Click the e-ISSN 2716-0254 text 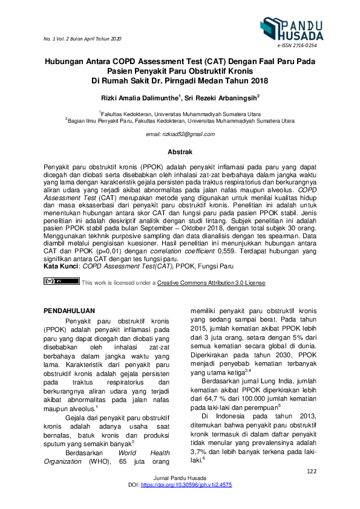point(297,46)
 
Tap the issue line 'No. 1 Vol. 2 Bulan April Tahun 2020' point(82,39)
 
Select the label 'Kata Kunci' point(62,266)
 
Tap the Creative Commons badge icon point(62,282)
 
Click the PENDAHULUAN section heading point(70,310)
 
